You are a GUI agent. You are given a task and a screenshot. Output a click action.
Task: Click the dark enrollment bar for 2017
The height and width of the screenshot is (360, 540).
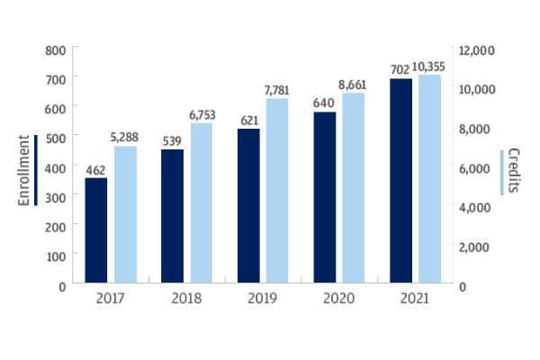95,230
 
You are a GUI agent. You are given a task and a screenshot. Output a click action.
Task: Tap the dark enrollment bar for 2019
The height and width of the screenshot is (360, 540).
248,206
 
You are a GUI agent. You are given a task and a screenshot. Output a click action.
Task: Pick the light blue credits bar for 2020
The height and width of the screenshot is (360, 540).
355,189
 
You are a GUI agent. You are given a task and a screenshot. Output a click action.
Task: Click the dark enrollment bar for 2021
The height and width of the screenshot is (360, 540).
400,181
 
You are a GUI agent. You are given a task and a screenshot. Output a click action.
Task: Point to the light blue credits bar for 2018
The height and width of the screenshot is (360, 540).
202,203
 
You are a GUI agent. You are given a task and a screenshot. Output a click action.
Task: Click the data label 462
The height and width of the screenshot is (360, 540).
95,169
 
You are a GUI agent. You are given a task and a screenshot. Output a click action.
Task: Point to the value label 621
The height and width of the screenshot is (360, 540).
248,121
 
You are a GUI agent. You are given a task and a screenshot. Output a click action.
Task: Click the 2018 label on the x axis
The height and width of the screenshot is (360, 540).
186,298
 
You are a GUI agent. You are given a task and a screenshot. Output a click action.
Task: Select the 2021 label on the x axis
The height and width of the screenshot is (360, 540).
416,298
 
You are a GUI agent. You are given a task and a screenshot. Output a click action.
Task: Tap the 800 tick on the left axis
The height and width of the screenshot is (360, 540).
56,50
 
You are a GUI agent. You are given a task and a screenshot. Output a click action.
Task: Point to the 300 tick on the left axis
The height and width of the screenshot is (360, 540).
56,197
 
